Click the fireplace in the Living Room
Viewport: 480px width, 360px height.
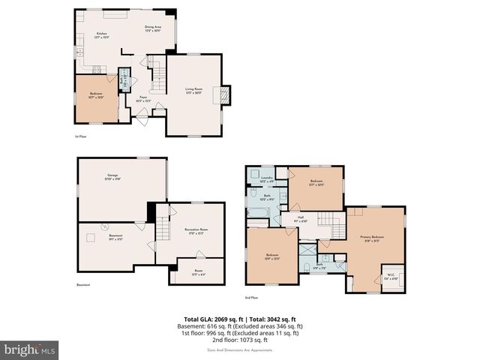point(222,94)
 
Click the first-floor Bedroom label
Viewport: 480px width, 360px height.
point(95,95)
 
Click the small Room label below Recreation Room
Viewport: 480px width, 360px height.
point(199,272)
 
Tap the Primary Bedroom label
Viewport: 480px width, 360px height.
point(371,238)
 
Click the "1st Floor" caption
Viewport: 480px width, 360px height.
point(81,137)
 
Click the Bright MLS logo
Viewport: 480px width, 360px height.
point(30,349)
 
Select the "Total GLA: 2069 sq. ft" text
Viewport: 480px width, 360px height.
point(212,319)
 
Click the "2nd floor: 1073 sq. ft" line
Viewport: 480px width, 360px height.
point(239,340)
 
